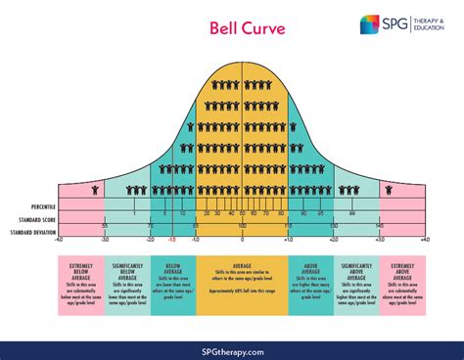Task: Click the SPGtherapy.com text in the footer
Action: tap(232, 350)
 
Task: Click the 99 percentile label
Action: tap(349, 212)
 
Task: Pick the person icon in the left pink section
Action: tap(95, 190)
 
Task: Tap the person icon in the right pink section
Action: tap(390, 190)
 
